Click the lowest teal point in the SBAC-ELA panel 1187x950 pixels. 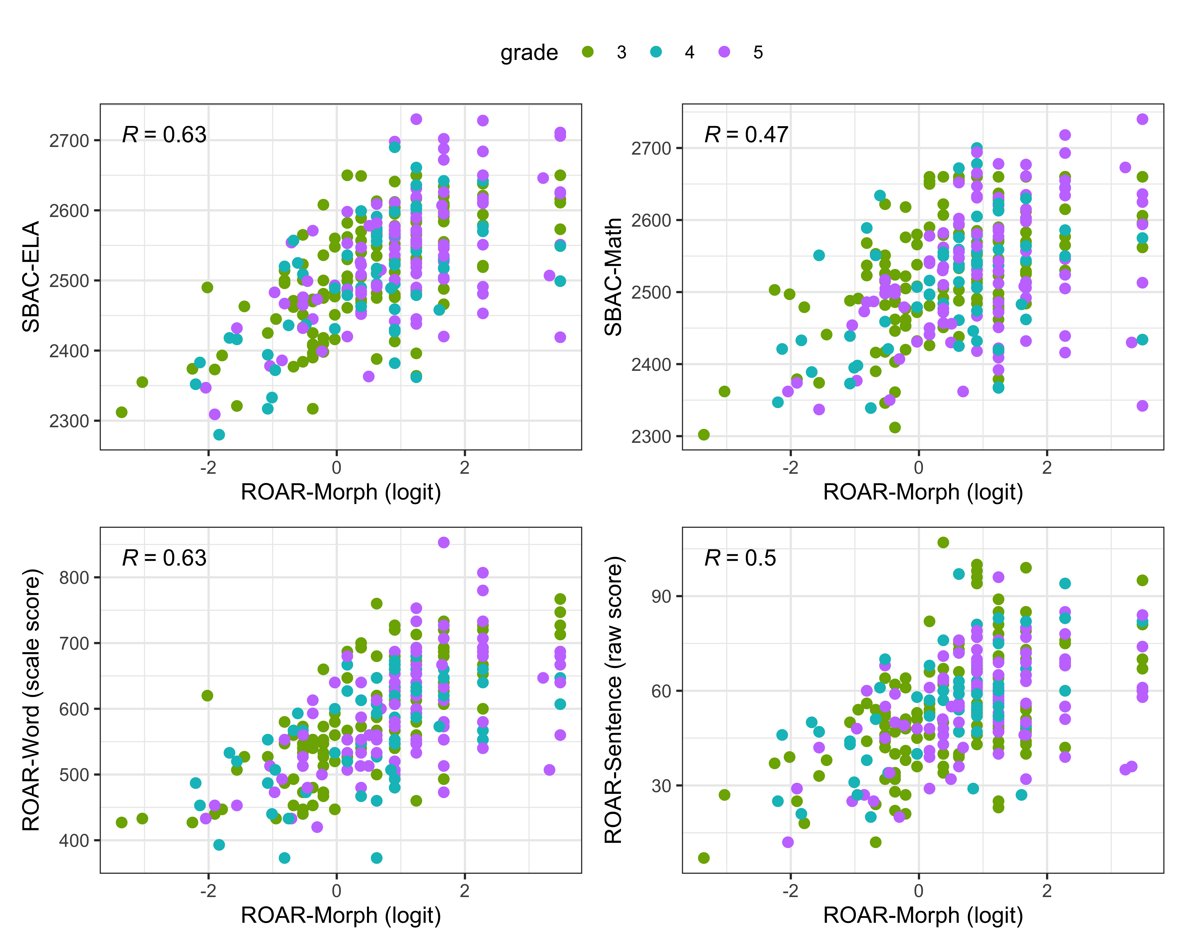tap(219, 434)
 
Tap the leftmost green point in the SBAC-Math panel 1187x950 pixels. tap(704, 434)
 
